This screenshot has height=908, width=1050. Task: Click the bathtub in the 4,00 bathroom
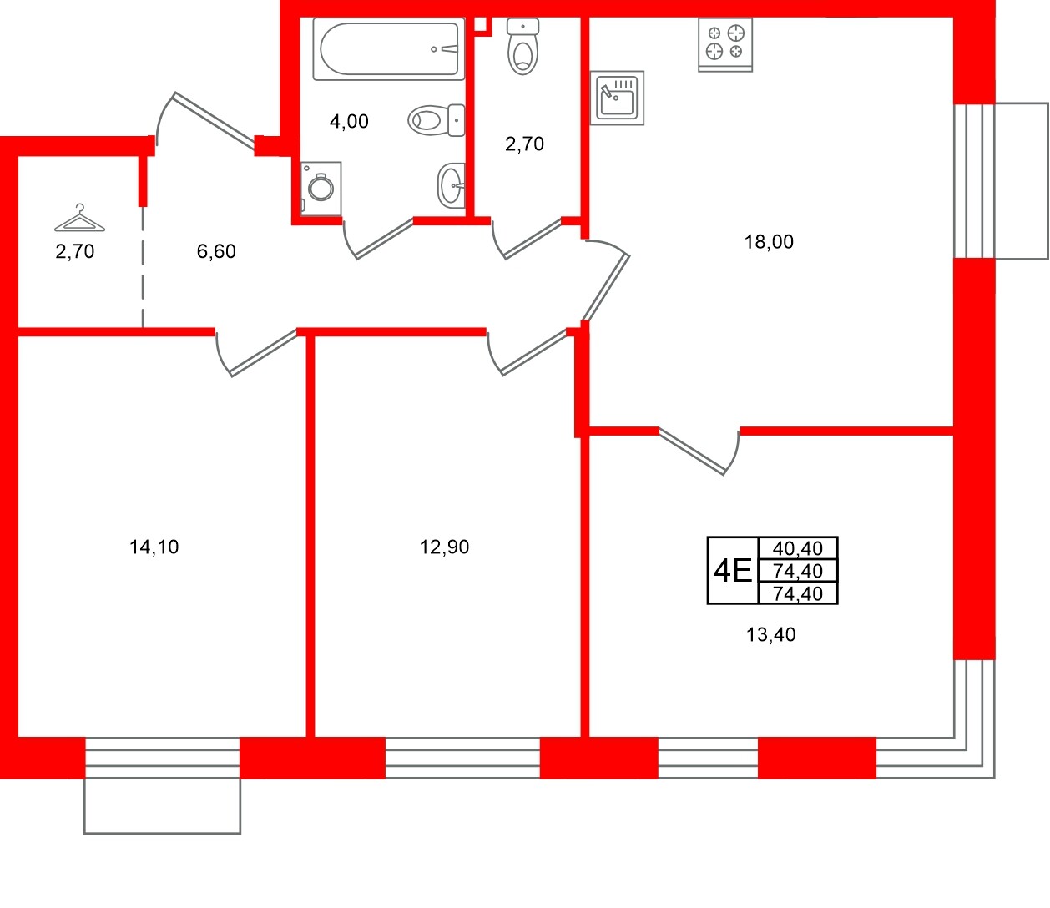[389, 49]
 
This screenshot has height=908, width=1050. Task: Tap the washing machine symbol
[321, 187]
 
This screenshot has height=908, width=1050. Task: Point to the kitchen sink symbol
[618, 98]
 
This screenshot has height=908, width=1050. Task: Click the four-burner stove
[724, 43]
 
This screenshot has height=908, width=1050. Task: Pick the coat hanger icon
[79, 219]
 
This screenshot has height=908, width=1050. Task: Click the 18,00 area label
[769, 242]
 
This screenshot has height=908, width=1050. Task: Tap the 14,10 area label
[154, 547]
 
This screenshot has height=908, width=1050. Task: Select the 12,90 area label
[444, 547]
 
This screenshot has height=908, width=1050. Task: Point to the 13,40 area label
[770, 635]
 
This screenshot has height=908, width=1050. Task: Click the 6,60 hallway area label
[216, 251]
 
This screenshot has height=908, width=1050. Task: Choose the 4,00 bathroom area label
[349, 122]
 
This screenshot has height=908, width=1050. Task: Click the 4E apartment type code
[732, 571]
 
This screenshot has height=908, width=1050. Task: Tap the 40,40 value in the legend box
[798, 548]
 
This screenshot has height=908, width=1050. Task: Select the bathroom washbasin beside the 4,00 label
[452, 184]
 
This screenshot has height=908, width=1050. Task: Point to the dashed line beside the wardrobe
[142, 267]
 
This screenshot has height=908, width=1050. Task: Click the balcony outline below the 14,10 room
[163, 806]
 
